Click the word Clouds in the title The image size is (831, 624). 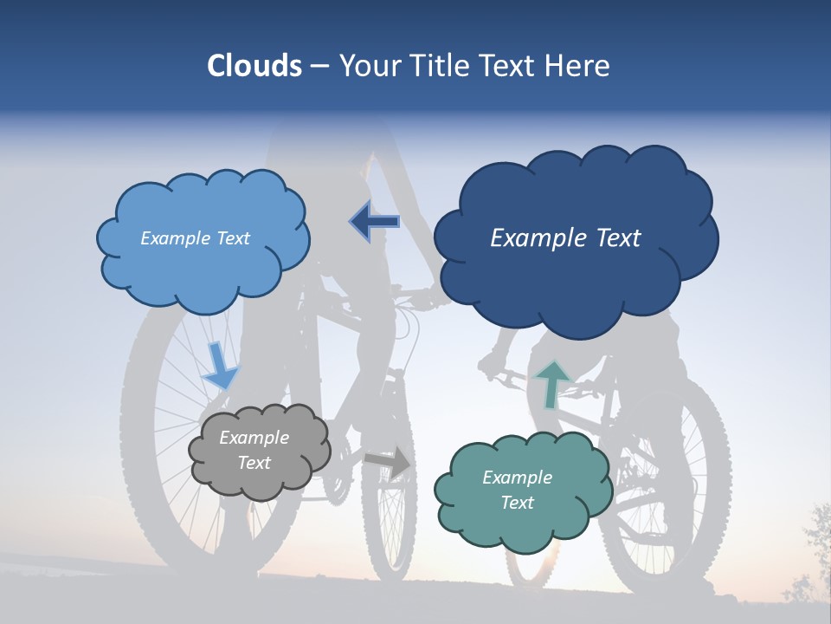click(x=254, y=66)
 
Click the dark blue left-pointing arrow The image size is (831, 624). click(x=375, y=222)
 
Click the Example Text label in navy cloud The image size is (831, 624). click(x=565, y=238)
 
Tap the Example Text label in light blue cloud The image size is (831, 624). click(x=195, y=238)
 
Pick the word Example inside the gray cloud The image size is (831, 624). click(x=254, y=438)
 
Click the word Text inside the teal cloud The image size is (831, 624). click(x=517, y=503)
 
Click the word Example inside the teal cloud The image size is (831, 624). click(x=517, y=478)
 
